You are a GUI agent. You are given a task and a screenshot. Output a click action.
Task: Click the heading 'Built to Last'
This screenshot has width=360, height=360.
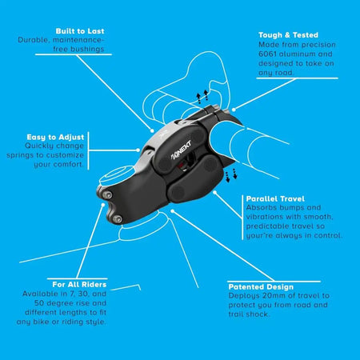(80, 31)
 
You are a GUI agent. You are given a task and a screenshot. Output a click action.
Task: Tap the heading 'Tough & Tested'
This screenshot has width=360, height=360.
(288, 35)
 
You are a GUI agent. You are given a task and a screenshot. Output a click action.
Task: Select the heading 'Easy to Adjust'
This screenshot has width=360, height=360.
(55, 138)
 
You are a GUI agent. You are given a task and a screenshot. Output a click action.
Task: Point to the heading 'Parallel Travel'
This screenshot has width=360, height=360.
(275, 199)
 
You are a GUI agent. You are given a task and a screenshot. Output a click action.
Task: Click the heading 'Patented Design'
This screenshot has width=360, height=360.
(261, 287)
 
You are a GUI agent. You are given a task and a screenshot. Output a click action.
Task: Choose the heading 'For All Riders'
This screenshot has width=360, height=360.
(79, 285)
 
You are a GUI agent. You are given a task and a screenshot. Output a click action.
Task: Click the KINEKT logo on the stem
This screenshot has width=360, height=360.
(181, 150)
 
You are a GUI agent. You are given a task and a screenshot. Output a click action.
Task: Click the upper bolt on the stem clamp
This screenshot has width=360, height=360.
(108, 195)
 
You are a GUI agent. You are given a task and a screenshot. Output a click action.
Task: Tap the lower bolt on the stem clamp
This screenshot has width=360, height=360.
(117, 219)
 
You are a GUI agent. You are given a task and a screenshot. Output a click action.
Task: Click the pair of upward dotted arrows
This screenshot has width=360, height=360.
(202, 97)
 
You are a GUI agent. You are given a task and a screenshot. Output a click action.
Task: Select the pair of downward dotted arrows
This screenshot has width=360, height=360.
(231, 175)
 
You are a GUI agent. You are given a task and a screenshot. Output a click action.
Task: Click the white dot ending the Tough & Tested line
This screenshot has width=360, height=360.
(234, 110)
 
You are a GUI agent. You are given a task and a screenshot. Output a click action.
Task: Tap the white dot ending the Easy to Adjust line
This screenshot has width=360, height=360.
(138, 150)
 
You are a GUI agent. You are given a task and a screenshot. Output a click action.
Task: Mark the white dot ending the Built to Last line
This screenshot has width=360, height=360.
(152, 130)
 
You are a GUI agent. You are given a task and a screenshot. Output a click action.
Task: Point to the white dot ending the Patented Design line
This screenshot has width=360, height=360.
(173, 211)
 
